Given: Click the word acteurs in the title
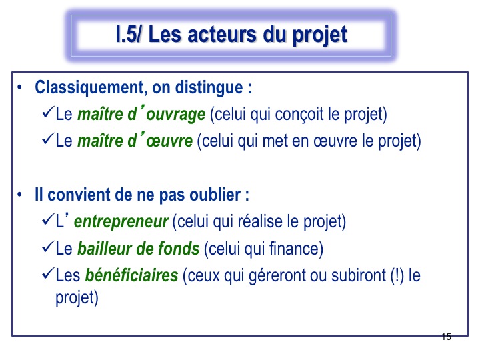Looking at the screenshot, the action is click(x=223, y=34).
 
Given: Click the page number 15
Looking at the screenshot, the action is click(x=446, y=337).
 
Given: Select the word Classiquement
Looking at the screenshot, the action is click(x=89, y=88).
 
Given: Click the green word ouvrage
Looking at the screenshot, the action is click(x=175, y=115).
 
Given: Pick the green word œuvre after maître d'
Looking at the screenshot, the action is click(x=169, y=141).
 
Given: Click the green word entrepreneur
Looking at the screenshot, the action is click(x=121, y=222).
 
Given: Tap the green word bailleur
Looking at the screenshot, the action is click(x=105, y=248).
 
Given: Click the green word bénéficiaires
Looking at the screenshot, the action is click(x=131, y=275).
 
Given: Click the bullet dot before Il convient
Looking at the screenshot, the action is click(x=20, y=195).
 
